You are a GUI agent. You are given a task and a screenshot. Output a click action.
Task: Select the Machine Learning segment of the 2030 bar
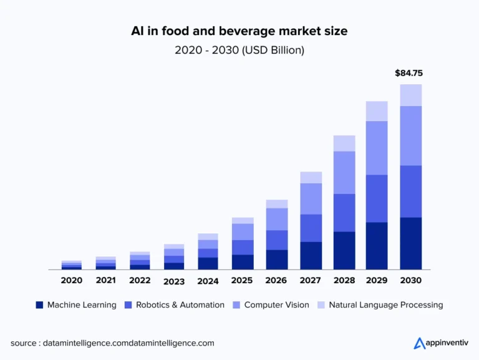coord(411,243)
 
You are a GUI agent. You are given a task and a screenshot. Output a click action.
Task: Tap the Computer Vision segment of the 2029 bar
coord(377,148)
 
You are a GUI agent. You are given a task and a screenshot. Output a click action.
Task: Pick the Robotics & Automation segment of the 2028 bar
coord(344,213)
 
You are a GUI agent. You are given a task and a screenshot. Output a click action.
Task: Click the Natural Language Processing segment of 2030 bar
coord(411,95)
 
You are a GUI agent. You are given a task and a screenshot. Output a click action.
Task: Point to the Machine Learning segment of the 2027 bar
coord(311,256)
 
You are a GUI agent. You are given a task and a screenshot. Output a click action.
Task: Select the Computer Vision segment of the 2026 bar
coord(276,219)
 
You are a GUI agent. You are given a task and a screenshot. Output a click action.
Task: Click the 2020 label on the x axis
coord(72,281)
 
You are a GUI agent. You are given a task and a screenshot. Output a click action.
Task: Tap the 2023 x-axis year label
coord(174,281)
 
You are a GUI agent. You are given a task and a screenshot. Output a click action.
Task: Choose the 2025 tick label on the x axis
coord(242,281)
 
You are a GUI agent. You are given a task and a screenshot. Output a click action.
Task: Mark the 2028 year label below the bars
coord(344,281)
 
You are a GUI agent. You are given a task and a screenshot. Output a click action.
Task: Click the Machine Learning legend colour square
coord(39,305)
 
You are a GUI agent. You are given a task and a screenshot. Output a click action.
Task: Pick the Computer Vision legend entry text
coord(277,305)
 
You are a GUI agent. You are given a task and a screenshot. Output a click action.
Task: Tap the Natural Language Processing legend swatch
coord(321,305)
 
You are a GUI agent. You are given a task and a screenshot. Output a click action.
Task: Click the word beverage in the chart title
coord(230,30)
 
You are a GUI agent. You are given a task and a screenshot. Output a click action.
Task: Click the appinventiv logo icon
coord(419,343)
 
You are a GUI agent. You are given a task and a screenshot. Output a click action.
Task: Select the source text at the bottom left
coord(112,343)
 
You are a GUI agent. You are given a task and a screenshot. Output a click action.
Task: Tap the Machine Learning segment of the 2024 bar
coord(208,263)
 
